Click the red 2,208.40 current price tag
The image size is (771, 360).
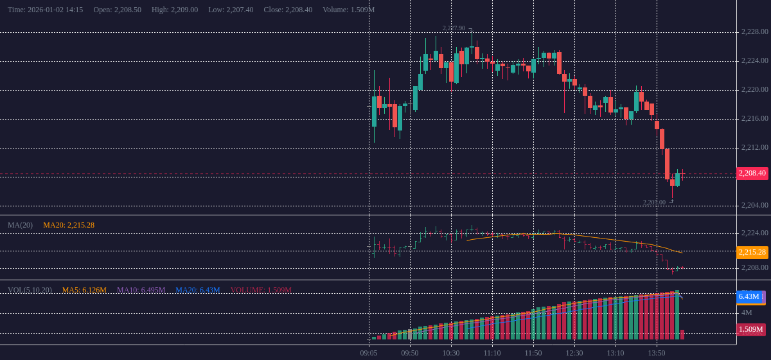[752, 173]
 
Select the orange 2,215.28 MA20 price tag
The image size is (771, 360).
[752, 252]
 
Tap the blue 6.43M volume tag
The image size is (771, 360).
[749, 296]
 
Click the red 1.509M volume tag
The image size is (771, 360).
[750, 330]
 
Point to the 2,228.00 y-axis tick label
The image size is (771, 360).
[754, 32]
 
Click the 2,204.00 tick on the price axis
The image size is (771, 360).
[754, 205]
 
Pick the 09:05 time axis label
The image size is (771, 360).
[369, 353]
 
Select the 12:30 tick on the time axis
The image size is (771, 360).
[574, 353]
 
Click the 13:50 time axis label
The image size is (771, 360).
[657, 353]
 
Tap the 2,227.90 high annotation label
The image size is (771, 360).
[454, 28]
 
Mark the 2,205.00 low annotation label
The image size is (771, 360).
[654, 203]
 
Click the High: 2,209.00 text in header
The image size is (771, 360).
[175, 10]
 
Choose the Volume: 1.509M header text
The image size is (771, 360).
[348, 10]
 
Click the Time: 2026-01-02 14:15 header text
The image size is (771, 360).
[45, 10]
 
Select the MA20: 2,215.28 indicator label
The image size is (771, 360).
[69, 225]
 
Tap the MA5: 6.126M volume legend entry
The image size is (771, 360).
[84, 290]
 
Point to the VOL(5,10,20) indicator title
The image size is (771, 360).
[30, 290]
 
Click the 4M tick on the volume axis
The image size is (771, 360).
[747, 312]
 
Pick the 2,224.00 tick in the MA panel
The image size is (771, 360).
[754, 233]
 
